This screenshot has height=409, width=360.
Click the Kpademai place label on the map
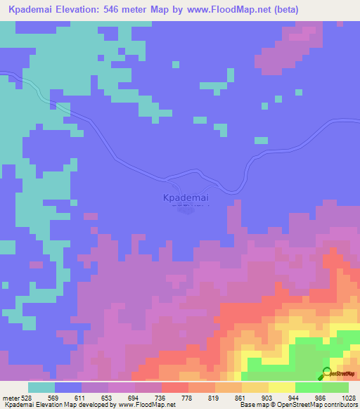[x=186, y=198]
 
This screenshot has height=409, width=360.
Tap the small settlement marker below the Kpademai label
[x=186, y=210]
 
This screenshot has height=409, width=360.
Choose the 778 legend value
[x=187, y=397]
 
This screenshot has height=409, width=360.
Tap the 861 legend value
[x=240, y=397]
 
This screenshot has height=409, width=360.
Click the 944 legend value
[x=293, y=397]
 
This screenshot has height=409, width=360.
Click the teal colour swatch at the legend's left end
[x=41, y=387]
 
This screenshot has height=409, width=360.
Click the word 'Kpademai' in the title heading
[x=32, y=10]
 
